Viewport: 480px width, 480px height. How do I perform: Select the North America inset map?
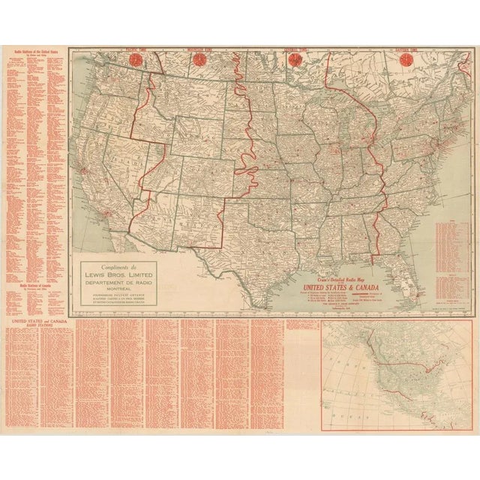click(397, 375)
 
